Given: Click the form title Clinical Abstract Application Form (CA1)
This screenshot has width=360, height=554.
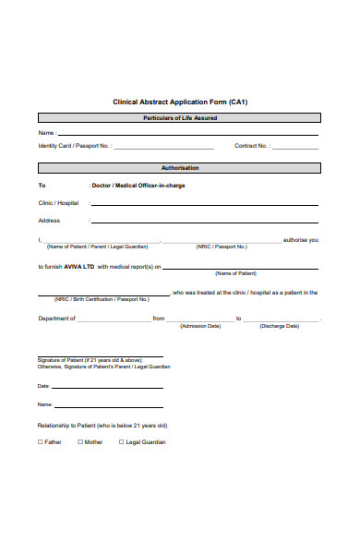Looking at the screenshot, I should pos(180,102).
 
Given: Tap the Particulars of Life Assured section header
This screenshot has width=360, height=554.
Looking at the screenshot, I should pos(180,118).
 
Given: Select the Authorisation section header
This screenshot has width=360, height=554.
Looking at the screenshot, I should pos(180,168).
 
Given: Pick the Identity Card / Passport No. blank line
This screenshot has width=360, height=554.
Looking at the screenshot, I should pos(163,148).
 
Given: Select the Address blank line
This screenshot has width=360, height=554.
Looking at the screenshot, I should pos(204,223).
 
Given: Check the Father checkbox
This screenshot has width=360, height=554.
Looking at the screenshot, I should pos(40,442).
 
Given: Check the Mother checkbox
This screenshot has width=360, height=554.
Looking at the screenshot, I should pos(80,442).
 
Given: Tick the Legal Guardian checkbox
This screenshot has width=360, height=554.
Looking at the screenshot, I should pos(121,442).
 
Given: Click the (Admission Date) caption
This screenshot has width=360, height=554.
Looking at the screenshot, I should pos(200,326).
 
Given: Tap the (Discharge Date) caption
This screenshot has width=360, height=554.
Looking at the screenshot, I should pos(279,326).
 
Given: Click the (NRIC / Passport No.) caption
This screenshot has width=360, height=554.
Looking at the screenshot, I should pos(222,247).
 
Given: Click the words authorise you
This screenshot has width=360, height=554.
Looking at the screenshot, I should pos(301,240).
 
